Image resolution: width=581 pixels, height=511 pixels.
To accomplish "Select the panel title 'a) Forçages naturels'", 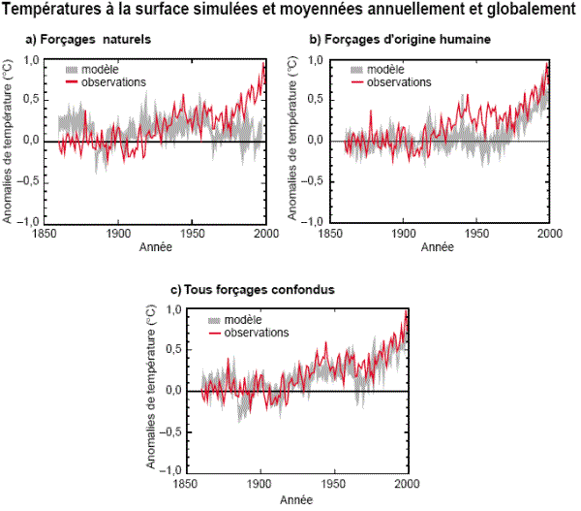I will (x=87, y=41).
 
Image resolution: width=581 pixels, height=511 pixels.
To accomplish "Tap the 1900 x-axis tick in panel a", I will (x=118, y=234).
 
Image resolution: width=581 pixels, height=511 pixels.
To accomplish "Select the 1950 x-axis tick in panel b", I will (x=475, y=234).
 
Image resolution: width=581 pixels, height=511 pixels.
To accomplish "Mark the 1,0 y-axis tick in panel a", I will (x=31, y=61).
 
